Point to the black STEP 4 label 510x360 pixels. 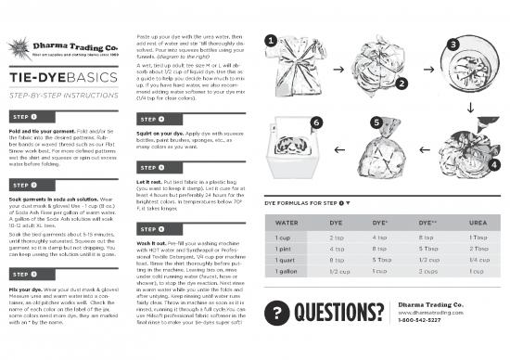(x=153, y=120)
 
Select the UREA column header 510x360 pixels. (x=479, y=223)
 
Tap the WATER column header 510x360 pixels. (x=286, y=223)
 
